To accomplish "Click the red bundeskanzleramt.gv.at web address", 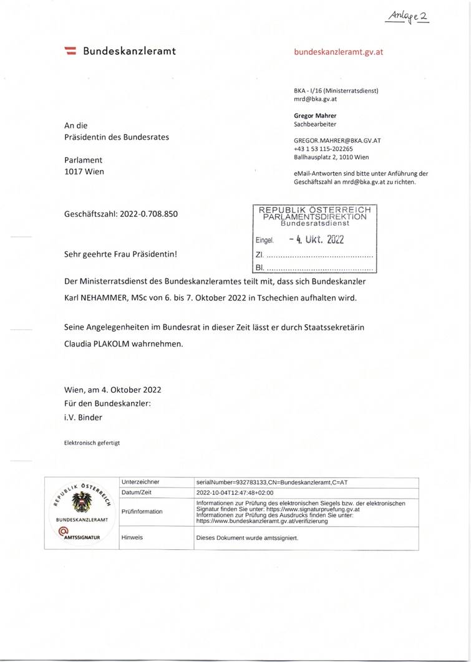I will pyautogui.click(x=338, y=52).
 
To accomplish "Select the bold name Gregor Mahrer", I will pyautogui.click(x=316, y=115).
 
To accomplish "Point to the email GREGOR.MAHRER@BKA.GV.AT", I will pyautogui.click(x=337, y=140).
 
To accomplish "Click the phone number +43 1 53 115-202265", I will pyautogui.click(x=323, y=149).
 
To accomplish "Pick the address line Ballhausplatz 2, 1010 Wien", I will pyautogui.click(x=331, y=158).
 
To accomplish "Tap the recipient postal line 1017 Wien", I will pyautogui.click(x=84, y=171).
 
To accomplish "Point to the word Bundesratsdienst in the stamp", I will pyautogui.click(x=314, y=223).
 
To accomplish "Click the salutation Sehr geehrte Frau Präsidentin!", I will pyautogui.click(x=120, y=254).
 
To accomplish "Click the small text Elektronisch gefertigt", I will pyautogui.click(x=92, y=443).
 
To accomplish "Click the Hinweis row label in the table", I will pyautogui.click(x=132, y=537).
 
